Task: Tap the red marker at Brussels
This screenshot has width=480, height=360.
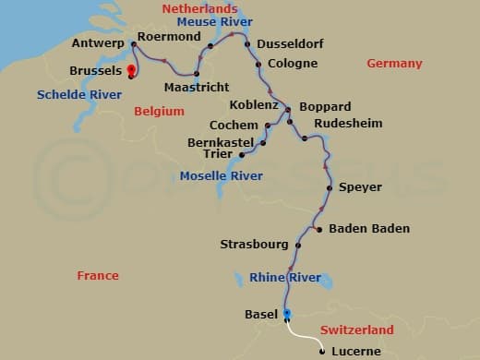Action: [x=131, y=70]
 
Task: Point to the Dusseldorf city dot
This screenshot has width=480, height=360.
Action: [x=247, y=44]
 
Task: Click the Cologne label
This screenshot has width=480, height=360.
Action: [x=292, y=64]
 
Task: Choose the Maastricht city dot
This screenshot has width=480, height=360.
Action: [x=198, y=74]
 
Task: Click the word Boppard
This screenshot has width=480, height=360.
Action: [x=325, y=107]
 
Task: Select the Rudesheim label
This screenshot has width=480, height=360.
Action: [x=347, y=123]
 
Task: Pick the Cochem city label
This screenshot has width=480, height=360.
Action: [x=234, y=125]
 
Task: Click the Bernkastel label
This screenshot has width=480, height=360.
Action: [x=222, y=143]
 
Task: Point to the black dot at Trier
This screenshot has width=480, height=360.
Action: [x=242, y=155]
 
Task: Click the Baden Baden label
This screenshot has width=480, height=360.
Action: [x=369, y=229]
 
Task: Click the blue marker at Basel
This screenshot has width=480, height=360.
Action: [x=287, y=314]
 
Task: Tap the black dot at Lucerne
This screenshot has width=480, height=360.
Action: [x=321, y=351]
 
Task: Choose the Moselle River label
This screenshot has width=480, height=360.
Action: [x=217, y=175]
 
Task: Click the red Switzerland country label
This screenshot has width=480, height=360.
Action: [x=356, y=330]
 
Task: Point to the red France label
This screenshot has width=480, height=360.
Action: [x=98, y=276]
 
